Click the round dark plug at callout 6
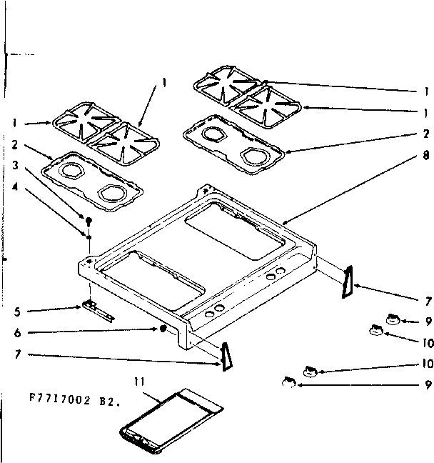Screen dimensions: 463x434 coord(163,329)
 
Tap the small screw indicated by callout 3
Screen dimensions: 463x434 coord(89,220)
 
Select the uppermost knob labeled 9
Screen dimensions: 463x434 coord(392,319)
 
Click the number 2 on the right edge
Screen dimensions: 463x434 coord(426,133)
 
